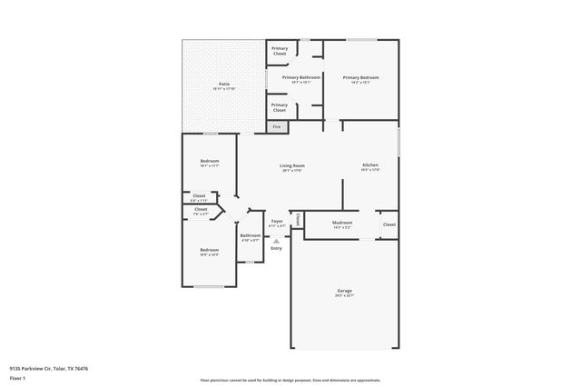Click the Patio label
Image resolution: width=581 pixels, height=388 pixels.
click(223, 84)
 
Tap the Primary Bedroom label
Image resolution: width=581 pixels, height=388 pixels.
click(360, 77)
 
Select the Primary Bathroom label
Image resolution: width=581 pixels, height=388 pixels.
click(300, 77)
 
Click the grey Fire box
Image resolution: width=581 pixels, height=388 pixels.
click(277, 126)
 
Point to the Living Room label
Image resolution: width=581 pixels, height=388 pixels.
click(291, 165)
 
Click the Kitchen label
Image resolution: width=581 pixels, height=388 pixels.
click(369, 165)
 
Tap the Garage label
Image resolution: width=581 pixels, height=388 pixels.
click(344, 291)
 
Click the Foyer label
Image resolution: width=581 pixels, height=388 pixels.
click(277, 221)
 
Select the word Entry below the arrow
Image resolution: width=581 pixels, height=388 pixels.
click(276, 248)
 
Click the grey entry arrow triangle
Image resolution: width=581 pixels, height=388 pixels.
click(276, 240)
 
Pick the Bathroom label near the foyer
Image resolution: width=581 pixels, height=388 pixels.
click(250, 235)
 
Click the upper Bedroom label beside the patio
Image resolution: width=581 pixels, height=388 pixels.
click(210, 162)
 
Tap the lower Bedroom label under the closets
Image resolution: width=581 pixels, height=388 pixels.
click(210, 250)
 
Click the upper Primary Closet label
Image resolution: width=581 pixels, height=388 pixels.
click(280, 51)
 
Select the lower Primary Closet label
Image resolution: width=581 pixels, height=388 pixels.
click(280, 107)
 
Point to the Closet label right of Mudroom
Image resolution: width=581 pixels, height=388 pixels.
click(389, 224)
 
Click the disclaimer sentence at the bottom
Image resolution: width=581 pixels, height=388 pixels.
click(290, 380)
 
